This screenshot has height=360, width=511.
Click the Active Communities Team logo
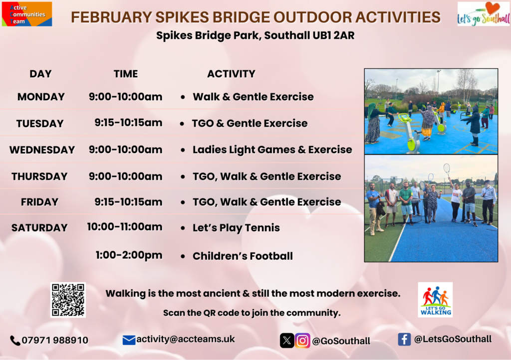click(x=27, y=14)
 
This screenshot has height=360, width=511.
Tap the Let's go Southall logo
click(x=483, y=14)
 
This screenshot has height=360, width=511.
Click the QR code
click(x=68, y=300)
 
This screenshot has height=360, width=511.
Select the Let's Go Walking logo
click(x=435, y=300)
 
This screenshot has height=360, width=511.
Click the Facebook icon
click(x=404, y=340)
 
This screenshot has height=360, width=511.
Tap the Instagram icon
click(x=302, y=341)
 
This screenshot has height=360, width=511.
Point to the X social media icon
click(x=287, y=341)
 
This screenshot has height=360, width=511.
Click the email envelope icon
click(x=129, y=340)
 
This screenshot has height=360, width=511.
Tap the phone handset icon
click(x=15, y=341)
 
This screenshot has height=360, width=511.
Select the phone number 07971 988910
click(x=55, y=340)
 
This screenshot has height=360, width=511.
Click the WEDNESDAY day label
click(x=42, y=150)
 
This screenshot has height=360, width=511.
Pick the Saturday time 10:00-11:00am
click(x=124, y=226)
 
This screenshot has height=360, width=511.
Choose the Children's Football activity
click(x=243, y=256)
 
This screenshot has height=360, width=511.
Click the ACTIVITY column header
click(x=232, y=74)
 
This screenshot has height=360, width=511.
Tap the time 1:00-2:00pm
click(x=129, y=255)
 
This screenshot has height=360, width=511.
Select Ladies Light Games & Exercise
click(x=272, y=150)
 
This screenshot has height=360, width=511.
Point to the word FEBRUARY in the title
click(x=111, y=17)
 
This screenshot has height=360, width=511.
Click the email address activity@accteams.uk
click(x=186, y=339)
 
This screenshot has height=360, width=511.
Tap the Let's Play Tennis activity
click(x=236, y=228)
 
